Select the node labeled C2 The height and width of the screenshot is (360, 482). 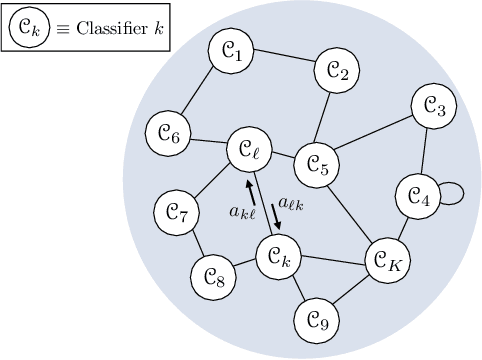(338, 70)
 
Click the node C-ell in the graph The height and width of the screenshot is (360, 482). (248, 151)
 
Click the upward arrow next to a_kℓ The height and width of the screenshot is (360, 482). (249, 189)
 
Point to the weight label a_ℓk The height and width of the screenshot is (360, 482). (292, 203)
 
